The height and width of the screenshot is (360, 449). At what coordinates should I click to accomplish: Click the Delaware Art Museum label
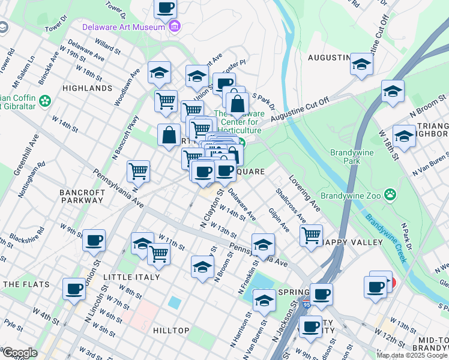coord(124,27)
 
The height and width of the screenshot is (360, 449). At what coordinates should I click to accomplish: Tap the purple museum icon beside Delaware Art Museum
coord(175,26)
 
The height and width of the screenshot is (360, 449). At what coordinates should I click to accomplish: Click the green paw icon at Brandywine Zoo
coord(391,194)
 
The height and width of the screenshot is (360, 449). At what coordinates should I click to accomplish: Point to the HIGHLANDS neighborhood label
coord(87,88)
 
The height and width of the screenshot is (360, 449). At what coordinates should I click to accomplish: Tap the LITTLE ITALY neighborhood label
coord(131,277)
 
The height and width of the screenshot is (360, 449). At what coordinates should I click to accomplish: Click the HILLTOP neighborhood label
coord(171,331)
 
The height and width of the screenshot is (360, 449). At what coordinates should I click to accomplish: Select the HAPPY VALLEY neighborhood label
coord(352,242)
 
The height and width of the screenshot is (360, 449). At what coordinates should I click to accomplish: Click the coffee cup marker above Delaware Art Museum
coord(166,8)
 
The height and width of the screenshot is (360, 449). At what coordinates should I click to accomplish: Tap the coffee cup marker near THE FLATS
coord(74,289)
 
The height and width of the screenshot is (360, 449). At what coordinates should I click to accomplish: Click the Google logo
coord(20,353)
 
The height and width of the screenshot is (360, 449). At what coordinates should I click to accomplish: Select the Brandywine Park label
coord(351,157)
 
